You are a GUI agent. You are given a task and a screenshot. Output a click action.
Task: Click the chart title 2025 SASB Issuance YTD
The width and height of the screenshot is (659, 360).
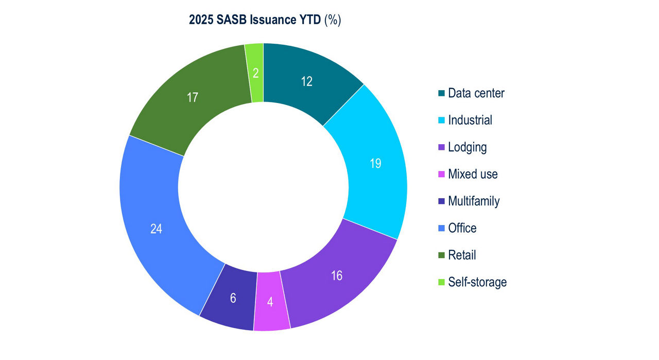tap(265, 20)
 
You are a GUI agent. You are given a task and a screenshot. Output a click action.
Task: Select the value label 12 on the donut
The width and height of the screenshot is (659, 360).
tap(306, 81)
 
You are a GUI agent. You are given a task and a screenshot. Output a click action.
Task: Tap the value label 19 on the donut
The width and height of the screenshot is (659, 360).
tap(375, 164)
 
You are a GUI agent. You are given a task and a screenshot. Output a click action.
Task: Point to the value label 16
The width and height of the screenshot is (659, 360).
tap(336, 276)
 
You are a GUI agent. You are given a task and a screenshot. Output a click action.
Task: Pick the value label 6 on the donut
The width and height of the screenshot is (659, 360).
tap(233, 298)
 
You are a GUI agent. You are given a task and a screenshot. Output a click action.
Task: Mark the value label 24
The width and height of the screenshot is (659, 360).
tap(156, 229)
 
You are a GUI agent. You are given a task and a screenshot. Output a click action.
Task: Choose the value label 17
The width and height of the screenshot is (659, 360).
tap(193, 97)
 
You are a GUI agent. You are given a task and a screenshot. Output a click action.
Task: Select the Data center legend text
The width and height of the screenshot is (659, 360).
tap(476, 93)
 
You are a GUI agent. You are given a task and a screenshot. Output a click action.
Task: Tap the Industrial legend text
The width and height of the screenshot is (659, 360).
tap(470, 120)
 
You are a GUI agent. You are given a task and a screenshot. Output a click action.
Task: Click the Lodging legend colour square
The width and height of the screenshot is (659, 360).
tap(441, 147)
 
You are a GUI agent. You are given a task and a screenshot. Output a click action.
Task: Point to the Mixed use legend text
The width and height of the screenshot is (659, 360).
tap(473, 174)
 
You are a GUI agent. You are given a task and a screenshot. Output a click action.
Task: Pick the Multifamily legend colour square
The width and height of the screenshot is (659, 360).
tap(441, 201)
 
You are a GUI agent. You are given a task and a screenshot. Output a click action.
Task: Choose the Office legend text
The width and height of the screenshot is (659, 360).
tap(462, 228)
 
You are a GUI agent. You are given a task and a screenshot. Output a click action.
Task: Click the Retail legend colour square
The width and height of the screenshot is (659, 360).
tap(441, 255)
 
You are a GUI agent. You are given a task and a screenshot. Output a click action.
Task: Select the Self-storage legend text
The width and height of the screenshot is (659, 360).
tap(477, 282)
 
